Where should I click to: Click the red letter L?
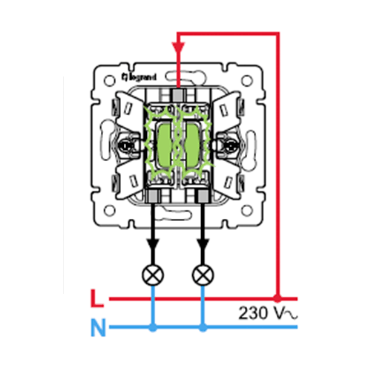pos(97,298)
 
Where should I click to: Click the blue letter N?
pos(98,327)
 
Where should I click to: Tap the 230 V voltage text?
pos(268,313)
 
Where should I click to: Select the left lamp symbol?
pos(153,275)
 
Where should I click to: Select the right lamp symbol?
pos(203,275)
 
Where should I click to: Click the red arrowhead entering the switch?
pos(178,48)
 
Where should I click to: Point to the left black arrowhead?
pos(153,245)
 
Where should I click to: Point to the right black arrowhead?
pos(203,245)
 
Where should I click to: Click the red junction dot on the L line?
pos(278,298)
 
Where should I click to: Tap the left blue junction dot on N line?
pos(153,328)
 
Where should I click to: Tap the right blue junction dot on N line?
pos(203,328)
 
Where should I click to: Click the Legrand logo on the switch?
pos(139,77)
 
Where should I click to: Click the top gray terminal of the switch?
pos(178,95)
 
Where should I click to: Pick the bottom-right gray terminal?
pos(202,197)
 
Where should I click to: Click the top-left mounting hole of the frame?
pos(110,81)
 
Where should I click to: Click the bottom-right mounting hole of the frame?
pos(247,211)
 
